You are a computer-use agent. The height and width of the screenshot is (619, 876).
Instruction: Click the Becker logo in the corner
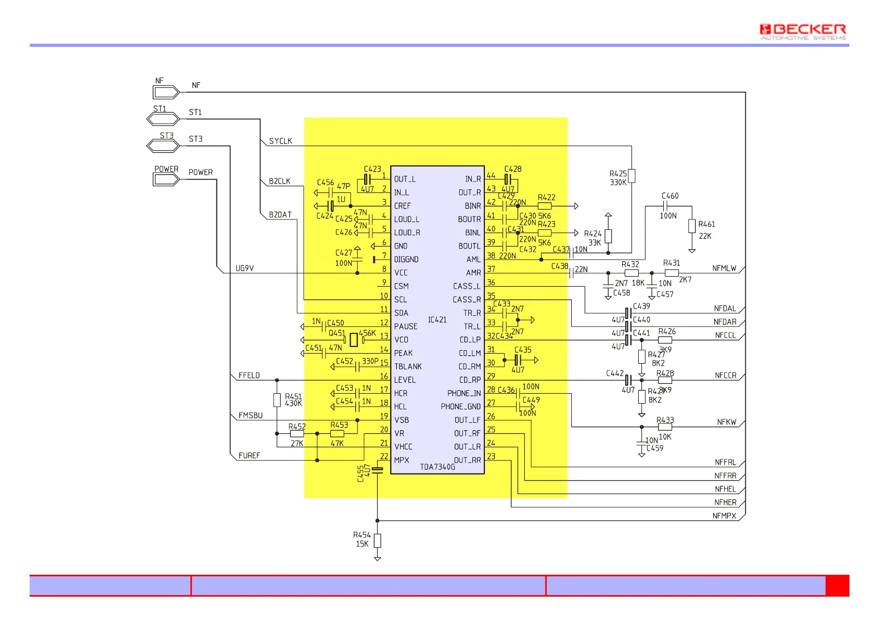[x=803, y=31]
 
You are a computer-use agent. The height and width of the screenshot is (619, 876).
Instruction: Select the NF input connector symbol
[x=166, y=93]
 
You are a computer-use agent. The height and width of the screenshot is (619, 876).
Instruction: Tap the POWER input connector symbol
[x=166, y=179]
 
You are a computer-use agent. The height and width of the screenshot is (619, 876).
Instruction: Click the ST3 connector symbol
[x=163, y=146]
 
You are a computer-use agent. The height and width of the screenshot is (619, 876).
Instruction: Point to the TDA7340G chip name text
[x=437, y=467]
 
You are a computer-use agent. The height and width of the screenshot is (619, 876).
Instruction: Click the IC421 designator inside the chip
[x=437, y=320]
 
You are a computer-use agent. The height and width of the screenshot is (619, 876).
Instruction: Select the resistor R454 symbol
[x=378, y=540]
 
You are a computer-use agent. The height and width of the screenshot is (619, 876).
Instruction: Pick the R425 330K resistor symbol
[x=632, y=176]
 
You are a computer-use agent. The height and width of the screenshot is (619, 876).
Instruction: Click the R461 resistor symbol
[x=692, y=226]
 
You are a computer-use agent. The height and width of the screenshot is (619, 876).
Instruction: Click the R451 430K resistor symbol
[x=277, y=400]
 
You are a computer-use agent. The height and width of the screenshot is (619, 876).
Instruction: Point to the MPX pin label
[x=402, y=460]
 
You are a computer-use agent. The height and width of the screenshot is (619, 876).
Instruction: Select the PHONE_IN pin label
[x=463, y=393]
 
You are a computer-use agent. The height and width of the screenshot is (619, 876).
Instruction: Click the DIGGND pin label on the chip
[x=406, y=260]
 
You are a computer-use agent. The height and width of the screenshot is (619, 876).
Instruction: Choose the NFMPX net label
[x=724, y=516]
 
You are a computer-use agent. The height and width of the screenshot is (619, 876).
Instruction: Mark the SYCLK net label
[x=280, y=141]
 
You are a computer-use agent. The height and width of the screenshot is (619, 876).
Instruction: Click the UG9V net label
[x=244, y=268]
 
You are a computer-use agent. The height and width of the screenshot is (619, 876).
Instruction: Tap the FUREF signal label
[x=249, y=456]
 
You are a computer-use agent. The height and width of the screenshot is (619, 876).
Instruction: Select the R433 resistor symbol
[x=665, y=427]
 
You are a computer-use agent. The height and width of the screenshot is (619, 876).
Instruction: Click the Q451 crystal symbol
[x=354, y=340]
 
